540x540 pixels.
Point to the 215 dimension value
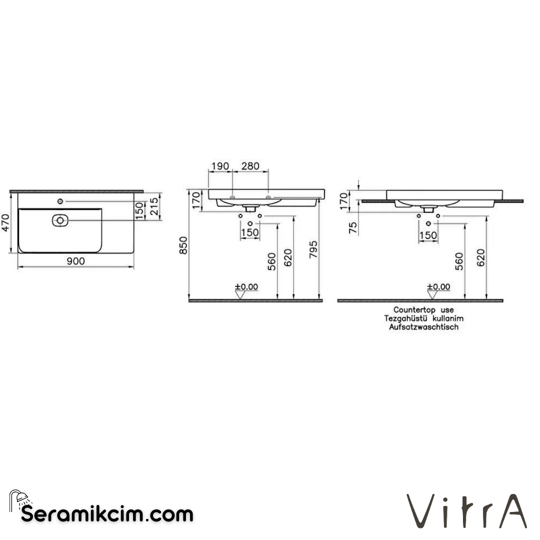pyautogui.click(x=154, y=205)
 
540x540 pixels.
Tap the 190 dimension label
pyautogui.click(x=220, y=166)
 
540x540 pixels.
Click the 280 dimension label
pyautogui.click(x=250, y=166)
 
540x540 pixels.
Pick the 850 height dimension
pyautogui.click(x=183, y=245)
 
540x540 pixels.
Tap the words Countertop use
pyautogui.click(x=423, y=310)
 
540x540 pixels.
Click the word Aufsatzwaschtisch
pyautogui.click(x=423, y=327)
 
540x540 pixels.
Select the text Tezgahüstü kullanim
pyautogui.click(x=423, y=318)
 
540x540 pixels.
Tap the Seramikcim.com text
pyautogui.click(x=107, y=514)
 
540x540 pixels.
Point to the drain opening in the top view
pyautogui.click(x=60, y=219)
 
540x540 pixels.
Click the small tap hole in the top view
pyautogui.click(x=60, y=201)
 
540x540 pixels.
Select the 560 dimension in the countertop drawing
pyautogui.click(x=459, y=261)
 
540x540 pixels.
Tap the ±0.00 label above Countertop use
pyautogui.click(x=438, y=286)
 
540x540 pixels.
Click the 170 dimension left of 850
pyautogui.click(x=195, y=200)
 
